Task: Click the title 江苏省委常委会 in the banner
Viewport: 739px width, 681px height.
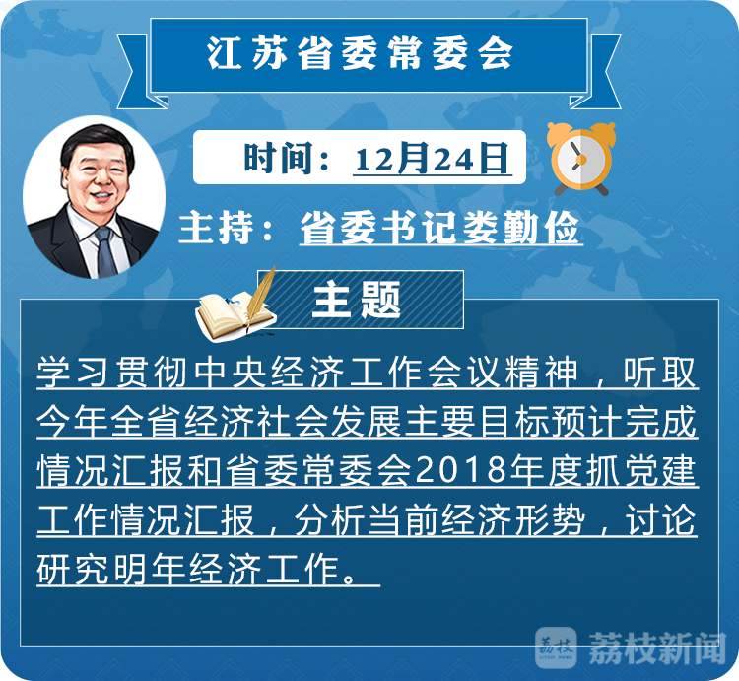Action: tap(360, 53)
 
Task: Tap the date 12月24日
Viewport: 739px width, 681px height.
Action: tap(432, 158)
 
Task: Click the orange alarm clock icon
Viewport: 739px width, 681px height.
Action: tap(581, 159)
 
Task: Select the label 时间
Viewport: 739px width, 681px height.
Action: tap(277, 158)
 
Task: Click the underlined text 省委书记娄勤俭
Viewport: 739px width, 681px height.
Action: tap(439, 228)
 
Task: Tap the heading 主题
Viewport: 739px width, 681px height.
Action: tap(357, 300)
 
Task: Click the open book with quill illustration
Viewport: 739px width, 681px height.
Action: tap(235, 305)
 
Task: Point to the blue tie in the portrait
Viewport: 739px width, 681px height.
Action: tap(106, 251)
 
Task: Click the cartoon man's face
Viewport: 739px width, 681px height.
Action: tap(98, 173)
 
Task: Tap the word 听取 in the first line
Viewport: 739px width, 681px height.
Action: tap(660, 372)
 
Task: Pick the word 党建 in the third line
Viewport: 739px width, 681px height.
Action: tap(660, 470)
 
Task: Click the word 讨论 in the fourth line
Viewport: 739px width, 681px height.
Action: tap(660, 519)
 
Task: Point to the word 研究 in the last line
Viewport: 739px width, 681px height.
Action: tap(73, 569)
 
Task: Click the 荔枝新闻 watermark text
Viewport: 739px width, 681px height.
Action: tap(656, 647)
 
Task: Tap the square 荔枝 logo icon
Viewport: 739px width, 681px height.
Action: tap(556, 647)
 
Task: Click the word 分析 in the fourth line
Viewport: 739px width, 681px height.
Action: tap(330, 519)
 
